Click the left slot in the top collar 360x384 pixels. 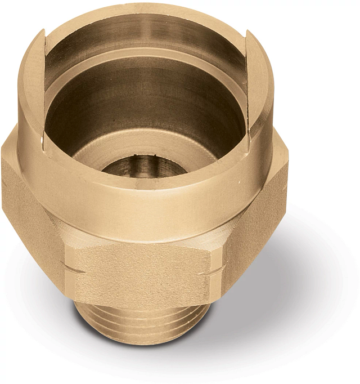click(x=43, y=90)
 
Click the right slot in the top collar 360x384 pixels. click(x=248, y=90)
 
